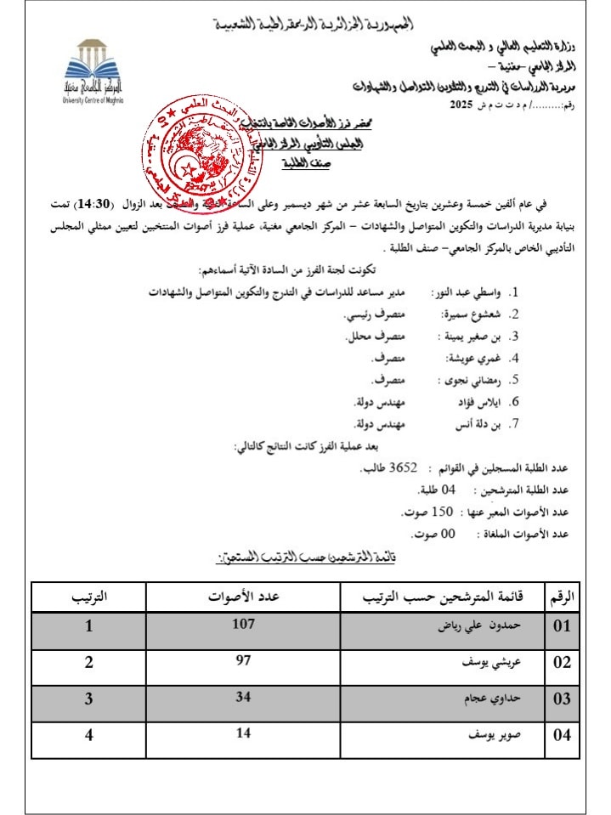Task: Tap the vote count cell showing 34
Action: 242,696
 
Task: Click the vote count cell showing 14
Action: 242,733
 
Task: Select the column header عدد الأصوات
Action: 244,597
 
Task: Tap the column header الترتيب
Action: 89,597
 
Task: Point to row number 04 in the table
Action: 563,735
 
